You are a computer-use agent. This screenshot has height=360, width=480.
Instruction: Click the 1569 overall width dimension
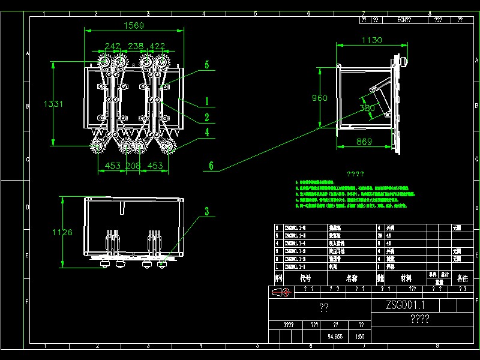click(x=133, y=25)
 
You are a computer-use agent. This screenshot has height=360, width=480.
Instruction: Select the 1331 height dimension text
click(x=53, y=104)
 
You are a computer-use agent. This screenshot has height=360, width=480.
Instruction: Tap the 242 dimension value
click(x=112, y=46)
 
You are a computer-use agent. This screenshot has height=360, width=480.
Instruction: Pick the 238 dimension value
click(x=136, y=46)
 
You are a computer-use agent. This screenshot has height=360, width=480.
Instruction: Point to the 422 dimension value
click(x=157, y=46)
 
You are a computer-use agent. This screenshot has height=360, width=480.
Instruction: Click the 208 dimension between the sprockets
click(x=134, y=166)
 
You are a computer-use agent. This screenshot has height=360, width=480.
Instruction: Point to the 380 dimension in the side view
click(x=367, y=108)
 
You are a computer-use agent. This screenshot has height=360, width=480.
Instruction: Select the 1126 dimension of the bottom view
click(x=62, y=232)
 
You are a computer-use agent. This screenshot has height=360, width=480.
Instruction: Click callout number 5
click(x=206, y=65)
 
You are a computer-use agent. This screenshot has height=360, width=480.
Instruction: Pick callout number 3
click(x=206, y=211)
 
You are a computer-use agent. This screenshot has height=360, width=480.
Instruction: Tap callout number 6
click(x=211, y=166)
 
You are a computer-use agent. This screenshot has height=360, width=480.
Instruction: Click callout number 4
click(x=206, y=133)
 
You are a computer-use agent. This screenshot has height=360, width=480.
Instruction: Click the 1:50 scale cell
click(x=360, y=337)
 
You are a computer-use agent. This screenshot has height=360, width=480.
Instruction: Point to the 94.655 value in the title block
click(x=335, y=337)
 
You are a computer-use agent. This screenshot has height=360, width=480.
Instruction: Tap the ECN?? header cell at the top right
click(x=404, y=20)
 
